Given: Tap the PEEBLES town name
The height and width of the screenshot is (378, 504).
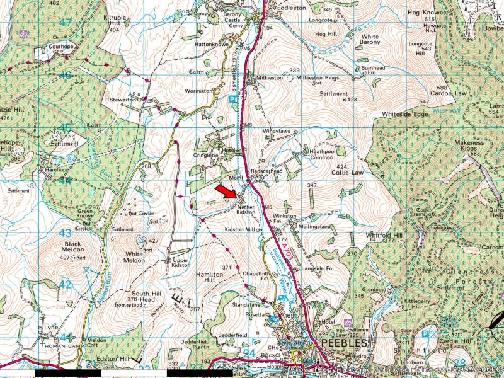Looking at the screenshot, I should click(343, 343).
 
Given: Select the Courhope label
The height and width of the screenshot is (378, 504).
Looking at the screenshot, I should click(62, 46).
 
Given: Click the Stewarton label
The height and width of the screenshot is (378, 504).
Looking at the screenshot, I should click(123, 100).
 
